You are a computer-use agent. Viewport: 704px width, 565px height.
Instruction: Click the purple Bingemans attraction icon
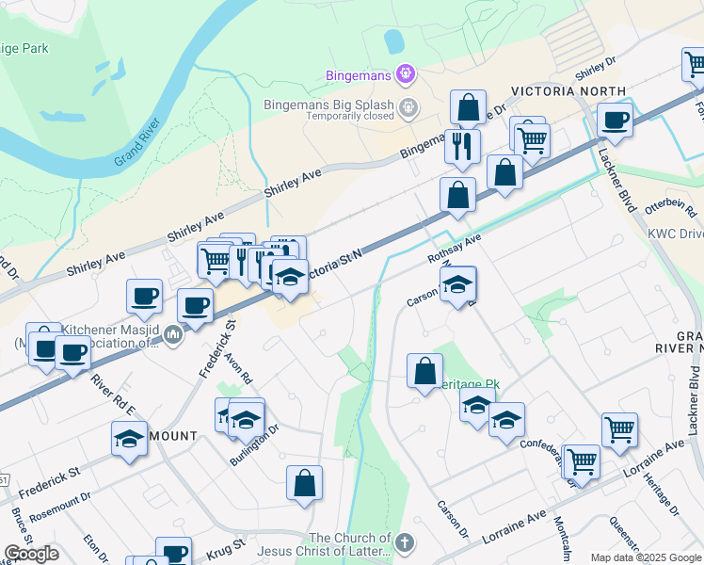[406, 72]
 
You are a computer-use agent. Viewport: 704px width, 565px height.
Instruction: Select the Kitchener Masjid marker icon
[172, 334]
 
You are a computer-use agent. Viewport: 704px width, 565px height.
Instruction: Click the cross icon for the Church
[405, 543]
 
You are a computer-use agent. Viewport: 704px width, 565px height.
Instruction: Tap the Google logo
[31, 554]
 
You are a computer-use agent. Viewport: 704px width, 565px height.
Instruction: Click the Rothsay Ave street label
[454, 250]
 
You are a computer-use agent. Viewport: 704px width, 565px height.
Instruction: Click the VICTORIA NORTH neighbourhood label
[554, 92]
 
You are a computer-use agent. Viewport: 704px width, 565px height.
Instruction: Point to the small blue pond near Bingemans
[393, 40]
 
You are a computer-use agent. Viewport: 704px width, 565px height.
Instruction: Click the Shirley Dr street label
[595, 67]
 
